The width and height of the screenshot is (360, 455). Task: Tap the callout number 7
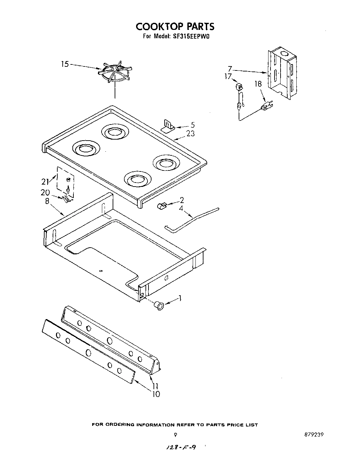(x=230, y=69)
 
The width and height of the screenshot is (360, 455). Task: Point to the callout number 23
(x=190, y=134)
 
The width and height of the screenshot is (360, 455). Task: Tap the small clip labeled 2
(x=162, y=205)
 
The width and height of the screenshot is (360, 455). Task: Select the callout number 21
(x=45, y=182)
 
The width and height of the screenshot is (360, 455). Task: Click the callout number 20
(x=45, y=193)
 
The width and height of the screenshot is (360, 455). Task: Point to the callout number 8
(x=47, y=201)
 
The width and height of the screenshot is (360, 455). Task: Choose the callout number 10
(x=156, y=394)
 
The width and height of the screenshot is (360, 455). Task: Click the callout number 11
(x=155, y=386)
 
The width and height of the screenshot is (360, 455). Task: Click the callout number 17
(x=228, y=77)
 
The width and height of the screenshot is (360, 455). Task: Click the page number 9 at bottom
(x=175, y=435)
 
